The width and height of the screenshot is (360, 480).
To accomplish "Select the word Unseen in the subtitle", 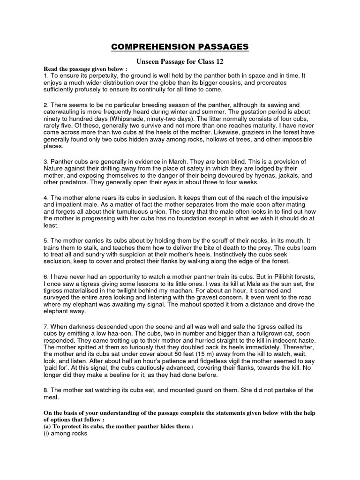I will [148, 61].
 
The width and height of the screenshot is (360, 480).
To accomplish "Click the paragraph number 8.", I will [45, 390].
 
